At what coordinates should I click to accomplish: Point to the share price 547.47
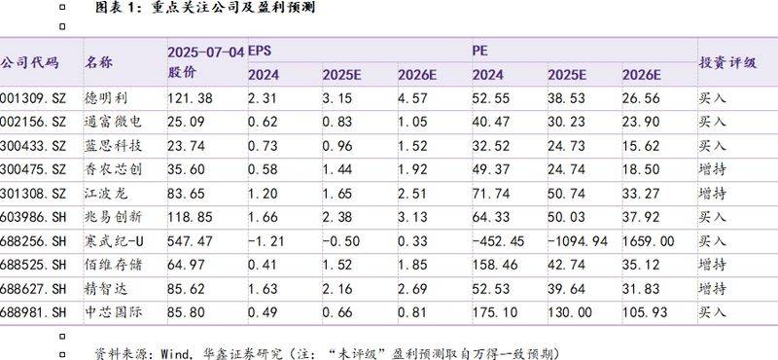[x=190, y=238]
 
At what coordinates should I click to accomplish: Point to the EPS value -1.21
[x=265, y=238]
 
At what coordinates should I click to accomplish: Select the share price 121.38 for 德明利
[x=190, y=99]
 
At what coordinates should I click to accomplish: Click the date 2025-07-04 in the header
[x=205, y=50]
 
